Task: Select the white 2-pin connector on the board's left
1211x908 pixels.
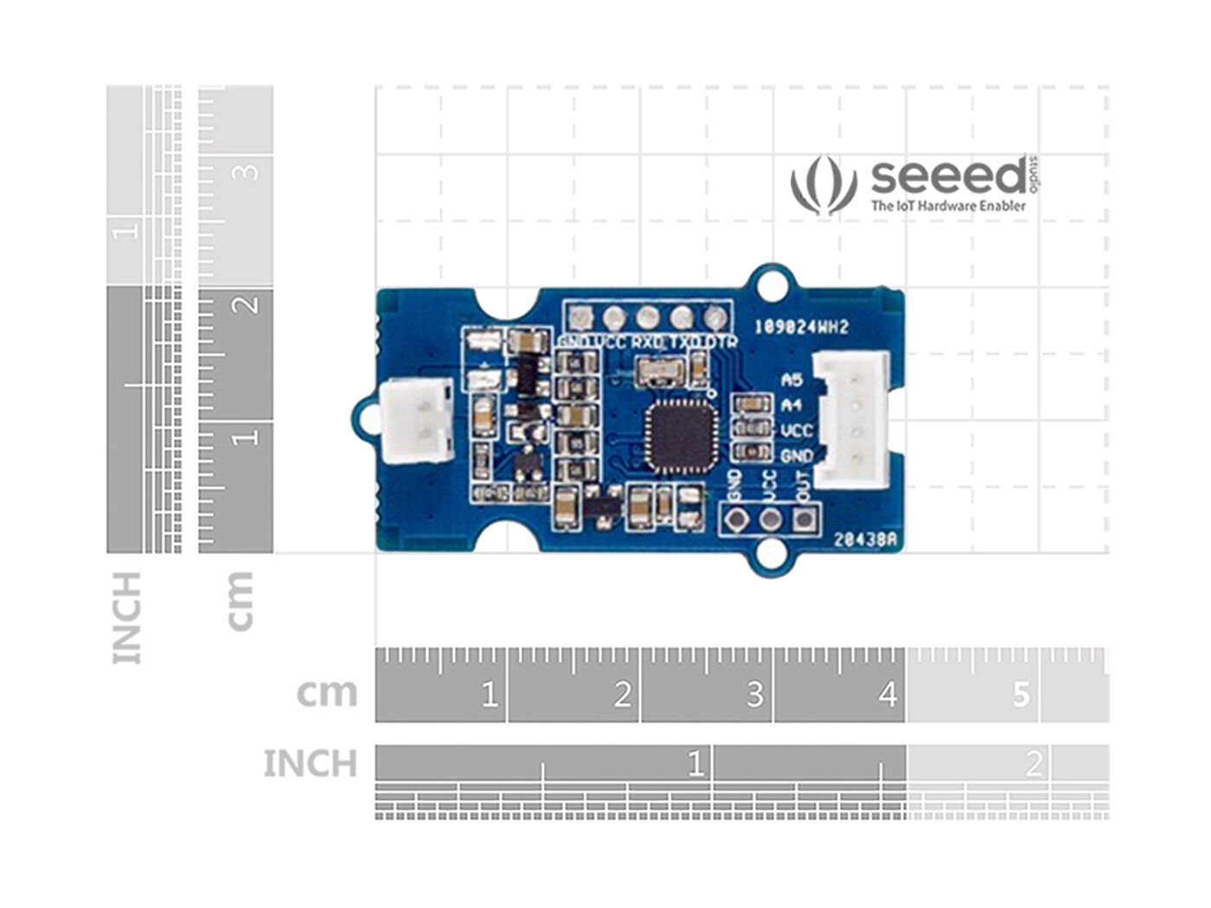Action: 418,421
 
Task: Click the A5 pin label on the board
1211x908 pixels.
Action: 791,380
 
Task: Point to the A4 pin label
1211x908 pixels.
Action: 791,405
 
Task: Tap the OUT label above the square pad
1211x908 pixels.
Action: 803,486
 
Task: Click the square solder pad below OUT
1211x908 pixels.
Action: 804,520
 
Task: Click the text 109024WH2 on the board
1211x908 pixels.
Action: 801,327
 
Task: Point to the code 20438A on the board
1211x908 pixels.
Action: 868,540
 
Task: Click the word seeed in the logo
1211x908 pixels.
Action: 948,177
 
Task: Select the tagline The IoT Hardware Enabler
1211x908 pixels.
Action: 948,206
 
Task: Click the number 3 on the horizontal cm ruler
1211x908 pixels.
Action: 754,694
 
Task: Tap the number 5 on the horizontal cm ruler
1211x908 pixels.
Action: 1022,694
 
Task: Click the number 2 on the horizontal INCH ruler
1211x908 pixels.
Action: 1034,764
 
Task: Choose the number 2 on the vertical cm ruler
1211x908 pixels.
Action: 248,304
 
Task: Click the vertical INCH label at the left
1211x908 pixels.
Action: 126,617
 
